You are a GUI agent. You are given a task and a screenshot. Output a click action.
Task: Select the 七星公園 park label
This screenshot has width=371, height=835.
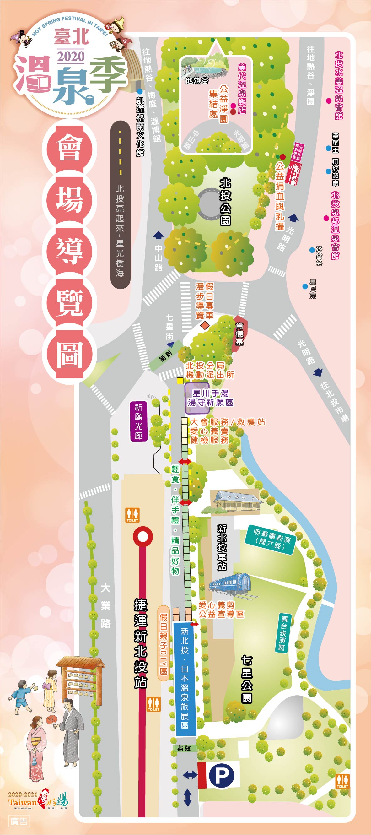tap(246, 679)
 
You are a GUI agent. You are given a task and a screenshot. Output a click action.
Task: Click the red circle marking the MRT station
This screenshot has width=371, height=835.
tap(142, 537)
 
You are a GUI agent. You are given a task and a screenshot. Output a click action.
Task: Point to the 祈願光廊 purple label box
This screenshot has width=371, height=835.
tap(139, 421)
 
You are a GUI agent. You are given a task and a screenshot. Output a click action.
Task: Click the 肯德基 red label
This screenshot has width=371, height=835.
tap(239, 333)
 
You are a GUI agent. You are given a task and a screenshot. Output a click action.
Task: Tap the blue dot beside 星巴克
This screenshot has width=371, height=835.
tap(305, 286)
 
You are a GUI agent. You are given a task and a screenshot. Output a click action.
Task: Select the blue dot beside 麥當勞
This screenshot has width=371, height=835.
tap(312, 250)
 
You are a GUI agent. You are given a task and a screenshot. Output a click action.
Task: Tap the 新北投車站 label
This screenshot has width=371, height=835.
tap(222, 547)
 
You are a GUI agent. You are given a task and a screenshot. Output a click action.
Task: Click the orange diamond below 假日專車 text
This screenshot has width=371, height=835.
tap(204, 325)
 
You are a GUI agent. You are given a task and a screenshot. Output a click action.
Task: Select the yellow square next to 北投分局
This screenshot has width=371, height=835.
tap(180, 381)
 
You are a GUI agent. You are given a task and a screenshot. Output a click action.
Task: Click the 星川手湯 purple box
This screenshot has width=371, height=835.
tap(197, 399)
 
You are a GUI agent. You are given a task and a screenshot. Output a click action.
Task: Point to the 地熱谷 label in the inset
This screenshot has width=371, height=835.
tap(197, 81)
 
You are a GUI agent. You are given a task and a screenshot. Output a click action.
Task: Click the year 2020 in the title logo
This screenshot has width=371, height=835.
tap(71, 57)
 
